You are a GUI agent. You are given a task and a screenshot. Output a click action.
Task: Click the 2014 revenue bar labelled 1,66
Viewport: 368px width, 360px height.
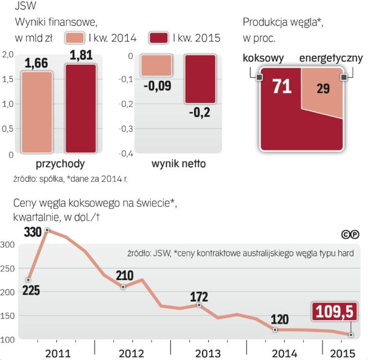click(37, 112)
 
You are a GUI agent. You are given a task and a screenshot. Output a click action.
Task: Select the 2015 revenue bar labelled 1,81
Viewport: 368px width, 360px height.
click(80, 109)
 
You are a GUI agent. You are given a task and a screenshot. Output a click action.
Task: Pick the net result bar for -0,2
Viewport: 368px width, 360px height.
click(200, 79)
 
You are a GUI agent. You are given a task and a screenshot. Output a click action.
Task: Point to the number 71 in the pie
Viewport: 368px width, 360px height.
click(281, 87)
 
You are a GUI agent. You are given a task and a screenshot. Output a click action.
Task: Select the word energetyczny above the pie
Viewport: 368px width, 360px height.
click(331, 58)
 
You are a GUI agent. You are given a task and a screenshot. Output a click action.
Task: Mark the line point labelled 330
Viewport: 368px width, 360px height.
click(47, 230)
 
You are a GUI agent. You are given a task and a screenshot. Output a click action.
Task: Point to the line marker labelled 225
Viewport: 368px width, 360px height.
click(28, 280)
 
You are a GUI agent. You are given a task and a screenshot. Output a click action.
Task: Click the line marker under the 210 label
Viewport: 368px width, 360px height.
click(123, 287)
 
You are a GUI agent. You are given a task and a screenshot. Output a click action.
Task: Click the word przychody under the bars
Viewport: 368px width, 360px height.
click(60, 165)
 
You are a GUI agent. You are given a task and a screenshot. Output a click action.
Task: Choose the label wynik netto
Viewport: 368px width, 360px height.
click(178, 165)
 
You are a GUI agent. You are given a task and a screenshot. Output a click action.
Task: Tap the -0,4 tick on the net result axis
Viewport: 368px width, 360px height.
click(125, 154)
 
